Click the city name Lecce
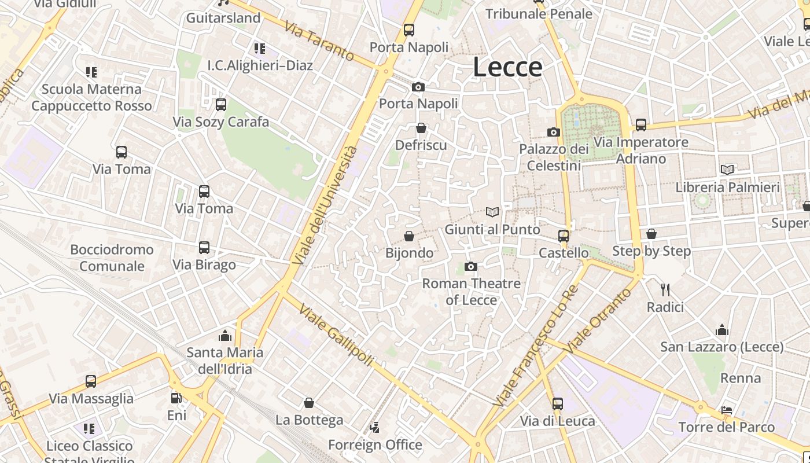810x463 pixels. (x=507, y=67)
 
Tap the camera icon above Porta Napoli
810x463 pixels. (x=418, y=87)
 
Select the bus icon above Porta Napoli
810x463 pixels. (x=409, y=30)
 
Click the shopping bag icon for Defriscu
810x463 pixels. (x=421, y=128)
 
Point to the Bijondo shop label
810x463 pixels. (x=409, y=253)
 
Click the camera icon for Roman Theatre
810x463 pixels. (x=471, y=266)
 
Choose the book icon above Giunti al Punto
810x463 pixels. (x=492, y=212)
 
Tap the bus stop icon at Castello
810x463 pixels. (x=564, y=236)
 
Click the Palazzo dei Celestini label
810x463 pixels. (x=554, y=157)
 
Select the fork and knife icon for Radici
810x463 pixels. (x=665, y=289)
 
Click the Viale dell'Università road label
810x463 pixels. (x=325, y=205)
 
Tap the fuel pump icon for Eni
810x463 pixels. (x=176, y=398)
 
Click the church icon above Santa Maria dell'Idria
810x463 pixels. (x=224, y=336)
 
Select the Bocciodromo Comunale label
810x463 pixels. (x=112, y=258)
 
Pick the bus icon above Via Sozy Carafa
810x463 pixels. (x=220, y=105)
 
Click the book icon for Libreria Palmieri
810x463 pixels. (x=727, y=170)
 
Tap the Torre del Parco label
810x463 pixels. (x=726, y=427)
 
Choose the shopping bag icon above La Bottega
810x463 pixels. (x=309, y=403)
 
